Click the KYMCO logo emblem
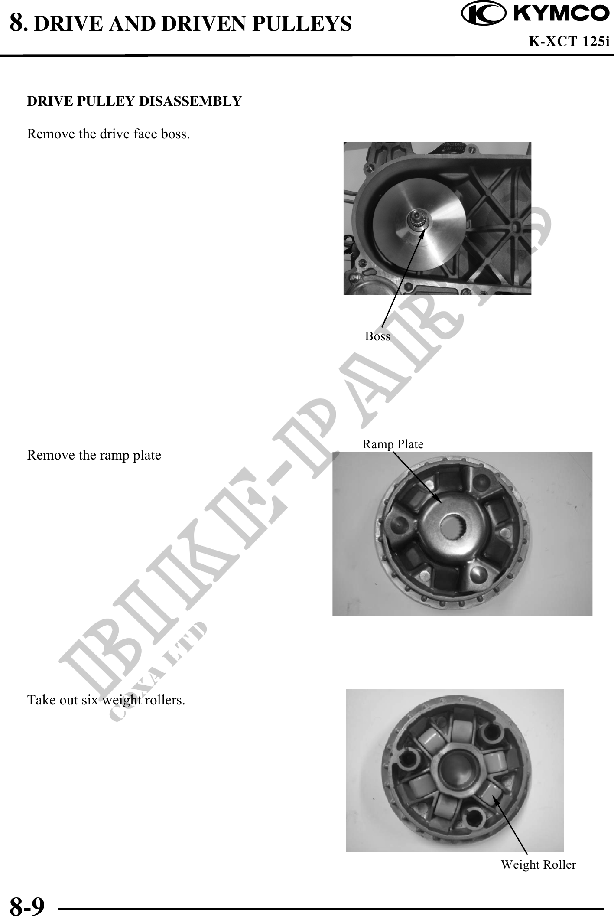(483, 14)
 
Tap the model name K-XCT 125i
(569, 42)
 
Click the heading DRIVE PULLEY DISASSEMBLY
(134, 101)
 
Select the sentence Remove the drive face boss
(108, 134)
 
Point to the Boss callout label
(377, 336)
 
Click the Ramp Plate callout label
(393, 444)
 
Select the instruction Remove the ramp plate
(94, 455)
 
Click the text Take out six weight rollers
(106, 700)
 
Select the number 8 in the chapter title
(17, 23)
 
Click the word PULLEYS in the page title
(302, 24)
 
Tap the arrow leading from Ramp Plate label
(417, 478)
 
